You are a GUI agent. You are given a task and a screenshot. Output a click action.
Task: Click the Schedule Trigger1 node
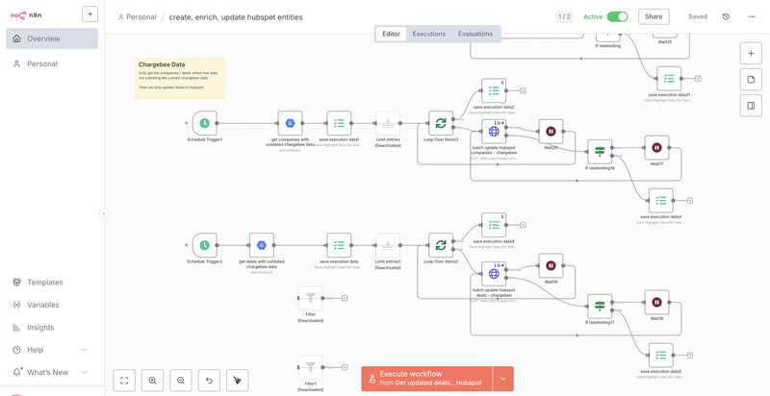click(204, 123)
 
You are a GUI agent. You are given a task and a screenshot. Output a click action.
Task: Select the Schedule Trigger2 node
click(204, 245)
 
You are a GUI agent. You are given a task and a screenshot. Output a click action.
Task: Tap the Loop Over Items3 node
click(441, 123)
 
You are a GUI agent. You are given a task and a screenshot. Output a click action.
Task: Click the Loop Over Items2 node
click(441, 245)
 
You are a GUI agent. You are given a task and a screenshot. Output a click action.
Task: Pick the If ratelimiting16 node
click(600, 151)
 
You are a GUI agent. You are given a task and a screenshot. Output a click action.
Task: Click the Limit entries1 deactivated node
click(388, 245)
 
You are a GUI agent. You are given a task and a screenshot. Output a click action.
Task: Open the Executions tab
click(428, 34)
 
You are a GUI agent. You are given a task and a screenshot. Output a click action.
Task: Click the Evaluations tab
click(475, 34)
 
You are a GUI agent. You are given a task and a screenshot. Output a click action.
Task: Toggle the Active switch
click(617, 16)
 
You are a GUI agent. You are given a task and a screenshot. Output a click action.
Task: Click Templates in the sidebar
click(44, 283)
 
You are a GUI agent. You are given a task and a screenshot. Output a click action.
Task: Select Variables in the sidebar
click(42, 305)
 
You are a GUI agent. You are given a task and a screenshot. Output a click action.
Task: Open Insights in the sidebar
click(41, 327)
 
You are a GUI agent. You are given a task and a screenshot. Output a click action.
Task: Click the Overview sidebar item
click(43, 38)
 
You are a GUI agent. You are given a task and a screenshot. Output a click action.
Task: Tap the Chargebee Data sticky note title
click(162, 64)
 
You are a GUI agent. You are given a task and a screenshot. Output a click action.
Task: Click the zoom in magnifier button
click(152, 381)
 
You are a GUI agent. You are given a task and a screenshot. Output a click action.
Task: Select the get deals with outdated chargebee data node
click(262, 245)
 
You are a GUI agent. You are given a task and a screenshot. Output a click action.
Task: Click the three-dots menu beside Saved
click(752, 16)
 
